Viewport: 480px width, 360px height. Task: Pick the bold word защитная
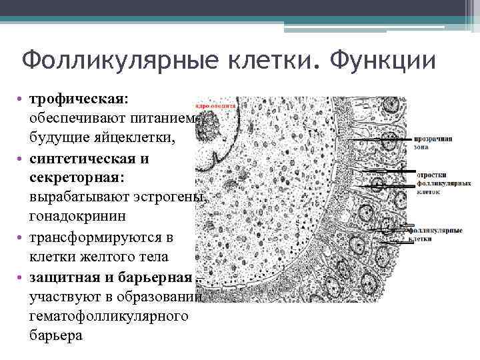[67, 276]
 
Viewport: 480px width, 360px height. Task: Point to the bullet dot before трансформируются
[21, 238]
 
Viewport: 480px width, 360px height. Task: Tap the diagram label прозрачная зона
[433, 143]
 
